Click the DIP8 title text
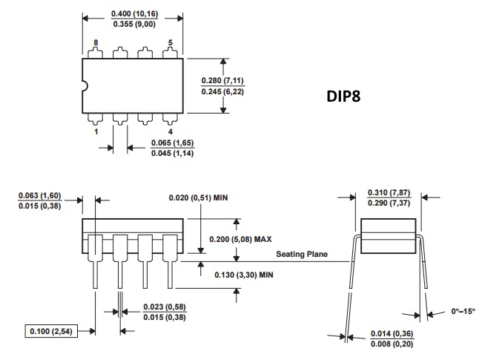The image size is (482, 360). pyautogui.click(x=343, y=96)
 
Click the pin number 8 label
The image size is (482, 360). pyautogui.click(x=96, y=42)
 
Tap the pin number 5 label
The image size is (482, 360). pyautogui.click(x=171, y=42)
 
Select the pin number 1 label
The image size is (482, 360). pyautogui.click(x=96, y=131)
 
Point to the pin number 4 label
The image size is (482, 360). pyautogui.click(x=171, y=131)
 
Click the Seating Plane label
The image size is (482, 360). pyautogui.click(x=302, y=254)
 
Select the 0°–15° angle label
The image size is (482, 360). pyautogui.click(x=463, y=312)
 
